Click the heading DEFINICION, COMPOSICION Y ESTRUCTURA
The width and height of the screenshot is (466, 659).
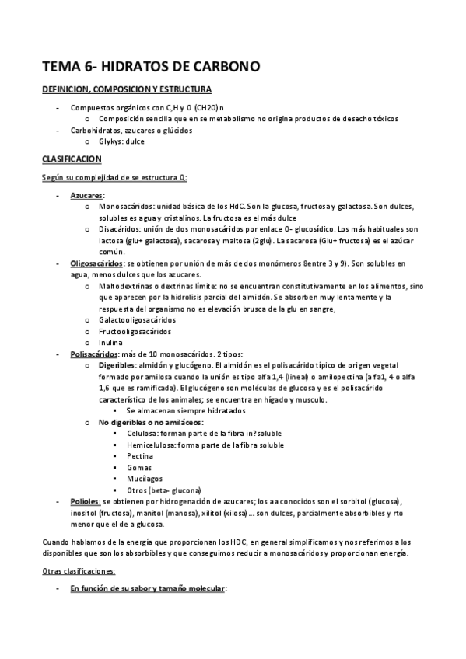click(127, 90)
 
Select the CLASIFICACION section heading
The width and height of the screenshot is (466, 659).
click(72, 159)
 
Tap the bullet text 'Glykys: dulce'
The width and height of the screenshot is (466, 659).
click(121, 141)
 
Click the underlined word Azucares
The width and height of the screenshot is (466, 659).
click(87, 195)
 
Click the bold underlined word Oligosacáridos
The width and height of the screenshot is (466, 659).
click(96, 263)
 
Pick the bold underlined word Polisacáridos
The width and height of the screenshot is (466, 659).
click(94, 354)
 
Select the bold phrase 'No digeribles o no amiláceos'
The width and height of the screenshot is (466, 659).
click(149, 422)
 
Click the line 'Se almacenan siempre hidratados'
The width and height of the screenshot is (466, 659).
click(185, 410)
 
